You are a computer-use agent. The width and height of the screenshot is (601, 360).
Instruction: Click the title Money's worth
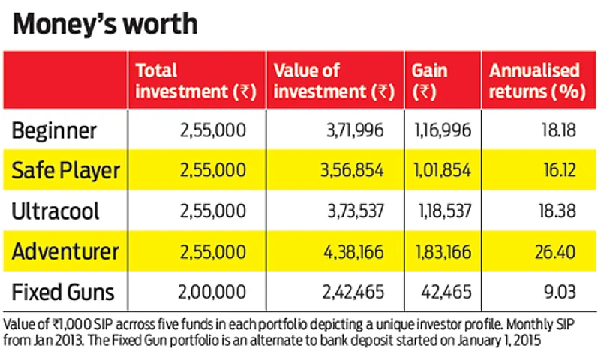click(106, 25)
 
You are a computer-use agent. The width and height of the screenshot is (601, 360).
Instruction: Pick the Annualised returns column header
click(534, 81)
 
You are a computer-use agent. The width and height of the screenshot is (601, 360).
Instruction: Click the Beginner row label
click(54, 131)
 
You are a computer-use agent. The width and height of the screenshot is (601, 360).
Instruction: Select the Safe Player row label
click(65, 170)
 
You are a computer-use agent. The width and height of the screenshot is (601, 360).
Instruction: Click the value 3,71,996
click(352, 131)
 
